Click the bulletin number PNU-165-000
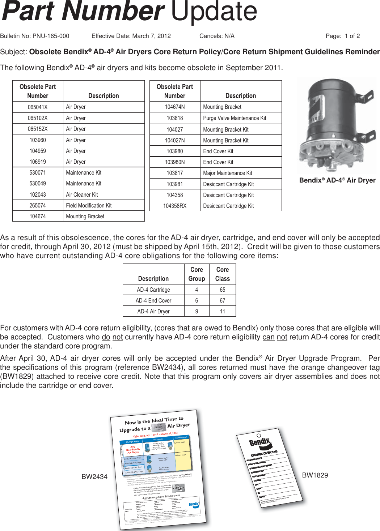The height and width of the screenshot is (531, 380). pos(51,36)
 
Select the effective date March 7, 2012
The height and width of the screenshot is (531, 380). pos(151,36)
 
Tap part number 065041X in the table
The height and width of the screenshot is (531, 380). pos(38,107)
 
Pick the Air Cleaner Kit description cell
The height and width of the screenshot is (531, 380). pos(82,194)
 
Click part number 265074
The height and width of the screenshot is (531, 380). pos(38,205)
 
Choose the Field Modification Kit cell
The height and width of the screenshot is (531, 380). pos(89,205)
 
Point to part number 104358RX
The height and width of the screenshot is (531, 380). pos(175,206)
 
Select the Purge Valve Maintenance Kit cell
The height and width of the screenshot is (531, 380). pos(235,118)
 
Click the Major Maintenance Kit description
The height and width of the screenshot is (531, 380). pos(228,173)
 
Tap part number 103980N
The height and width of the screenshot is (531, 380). pos(175,162)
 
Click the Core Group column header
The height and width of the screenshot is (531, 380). pos(197,274)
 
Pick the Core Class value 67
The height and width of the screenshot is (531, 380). pos(222,300)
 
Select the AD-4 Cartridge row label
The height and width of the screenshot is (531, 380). pos(153,290)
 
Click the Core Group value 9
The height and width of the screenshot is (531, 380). pos(197,311)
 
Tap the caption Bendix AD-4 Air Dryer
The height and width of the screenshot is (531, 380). pos(337,180)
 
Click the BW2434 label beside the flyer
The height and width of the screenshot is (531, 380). pos(94,477)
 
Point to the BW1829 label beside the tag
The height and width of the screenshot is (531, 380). pos(315,475)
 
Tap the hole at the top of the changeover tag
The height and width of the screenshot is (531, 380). pos(259,436)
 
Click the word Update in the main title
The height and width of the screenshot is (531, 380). pos(214,12)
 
